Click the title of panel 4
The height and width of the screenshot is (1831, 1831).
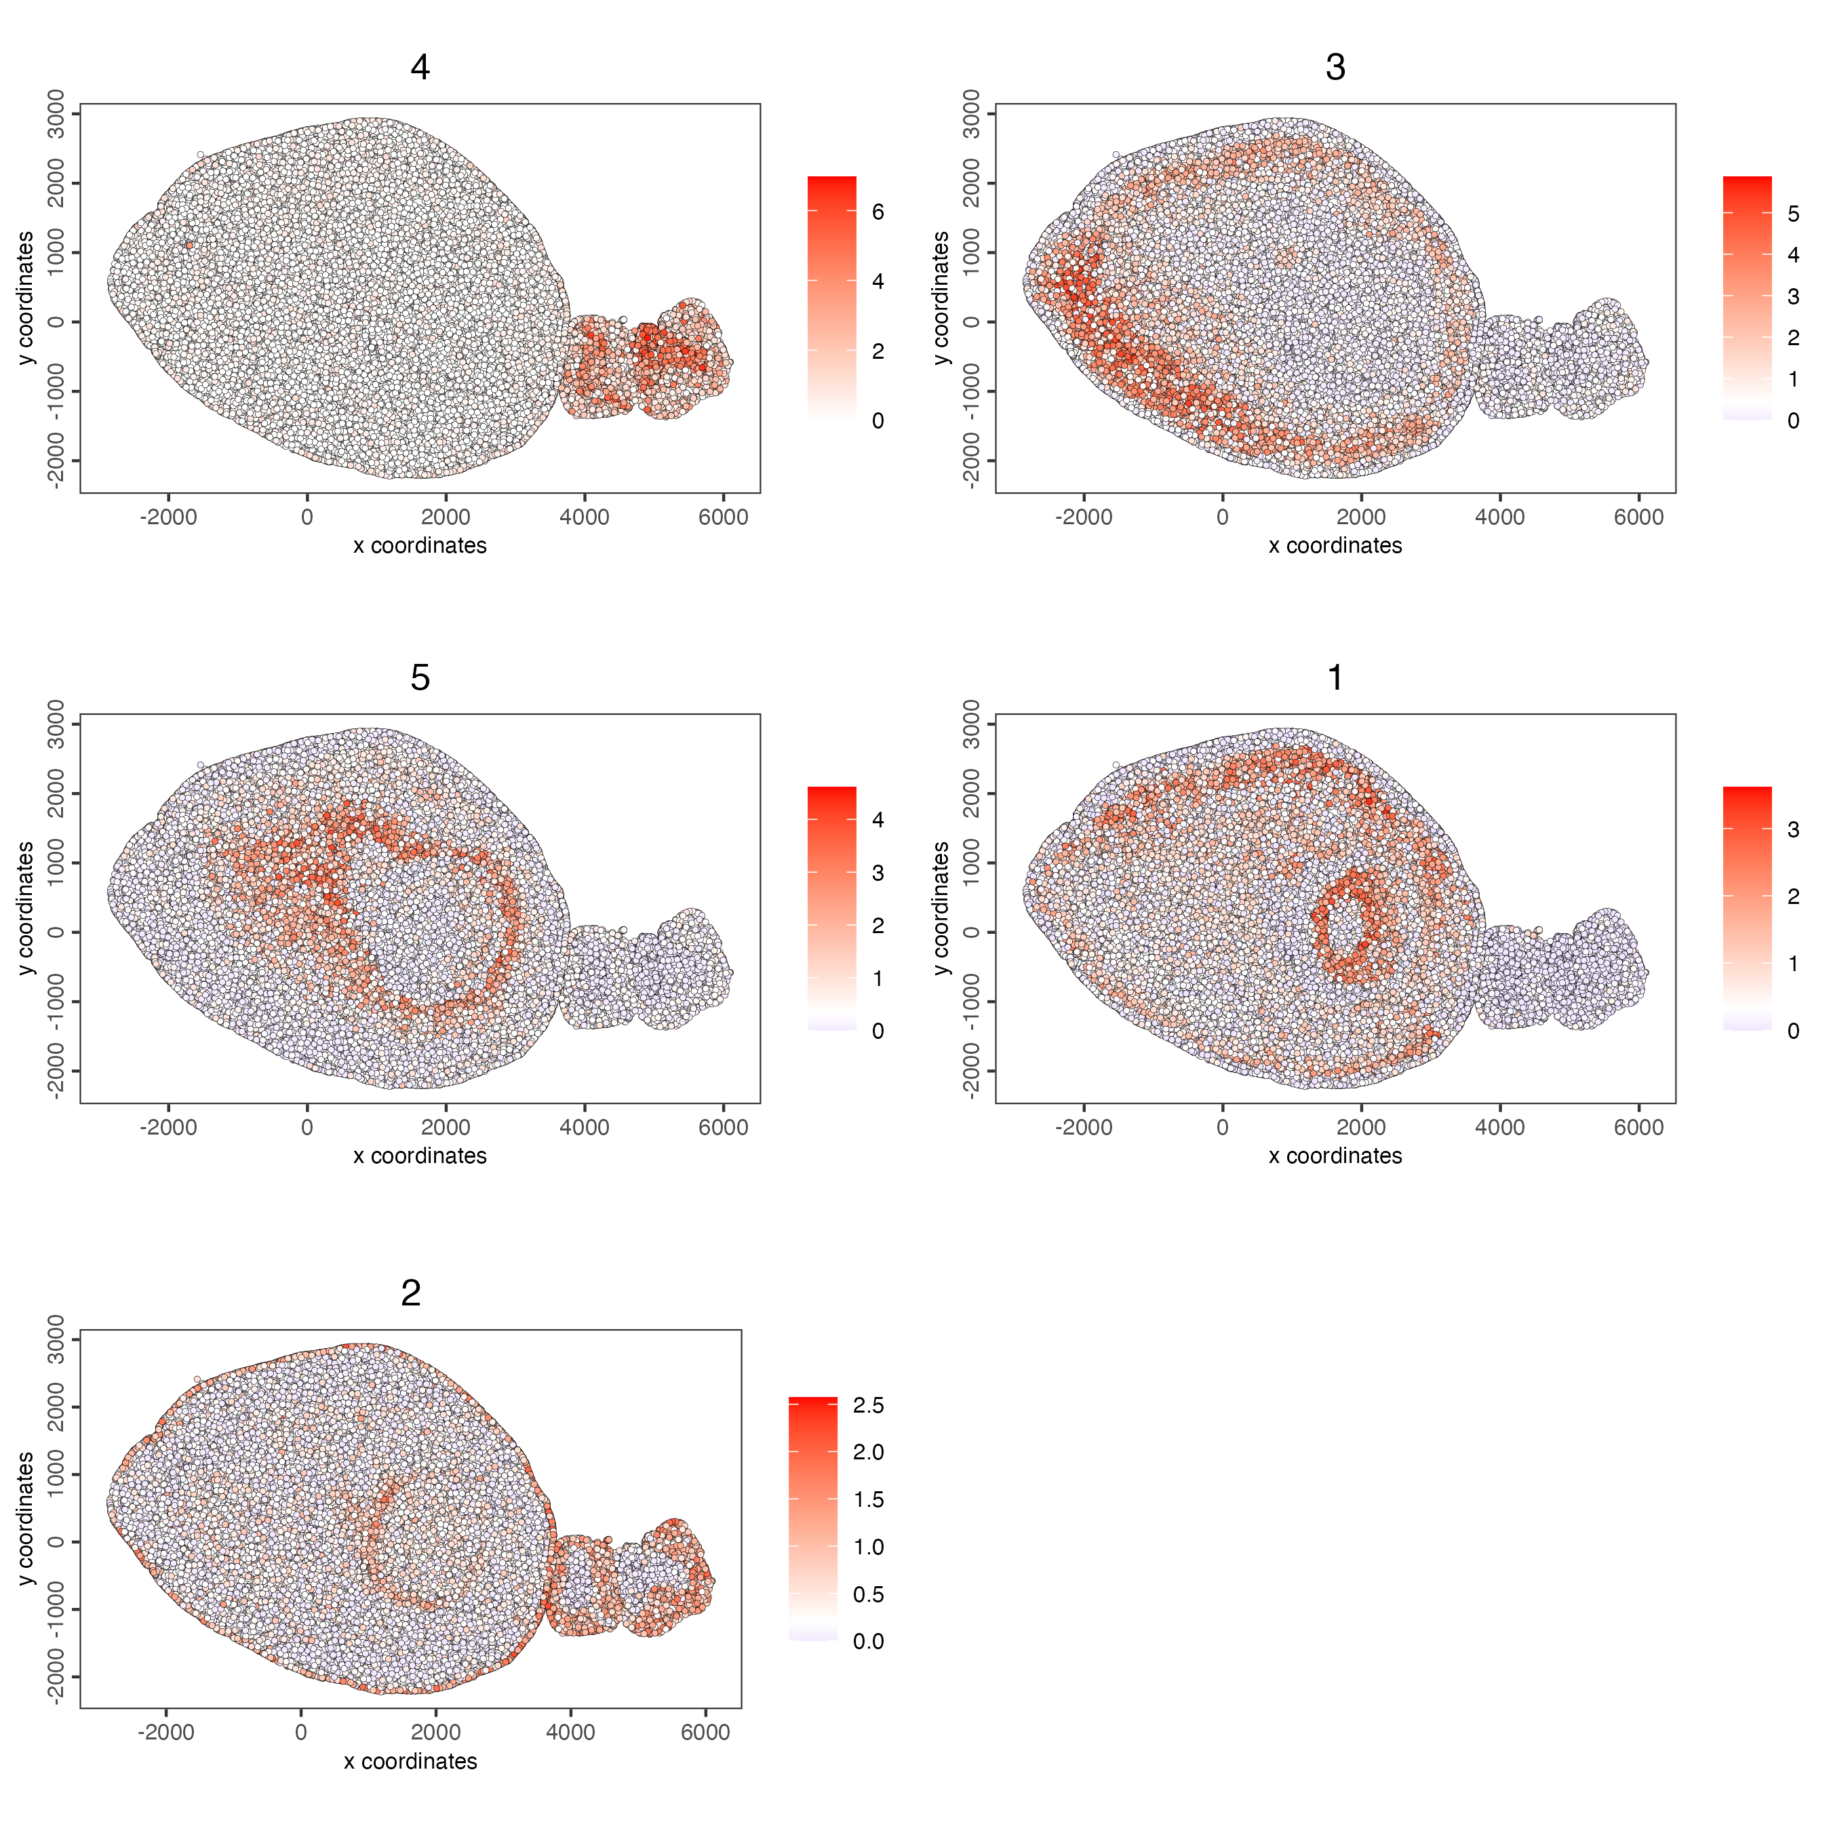coord(420,67)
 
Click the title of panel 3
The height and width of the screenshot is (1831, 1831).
coord(1335,67)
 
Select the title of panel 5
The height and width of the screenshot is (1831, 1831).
coord(420,677)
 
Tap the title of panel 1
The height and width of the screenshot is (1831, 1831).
coord(1335,677)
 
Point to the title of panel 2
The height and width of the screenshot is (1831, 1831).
coord(410,1293)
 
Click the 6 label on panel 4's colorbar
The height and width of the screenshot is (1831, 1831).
coord(878,212)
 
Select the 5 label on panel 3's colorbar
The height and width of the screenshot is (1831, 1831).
coord(1792,214)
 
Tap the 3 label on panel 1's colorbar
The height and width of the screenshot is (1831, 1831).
coord(1792,830)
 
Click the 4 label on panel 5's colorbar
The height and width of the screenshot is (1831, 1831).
coord(878,820)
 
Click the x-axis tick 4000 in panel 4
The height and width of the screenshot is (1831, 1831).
coord(584,517)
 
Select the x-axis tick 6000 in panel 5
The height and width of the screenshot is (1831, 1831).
coord(723,1128)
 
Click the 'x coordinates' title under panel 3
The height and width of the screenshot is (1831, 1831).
coord(1335,546)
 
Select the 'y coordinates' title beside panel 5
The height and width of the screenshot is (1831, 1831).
coord(26,908)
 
